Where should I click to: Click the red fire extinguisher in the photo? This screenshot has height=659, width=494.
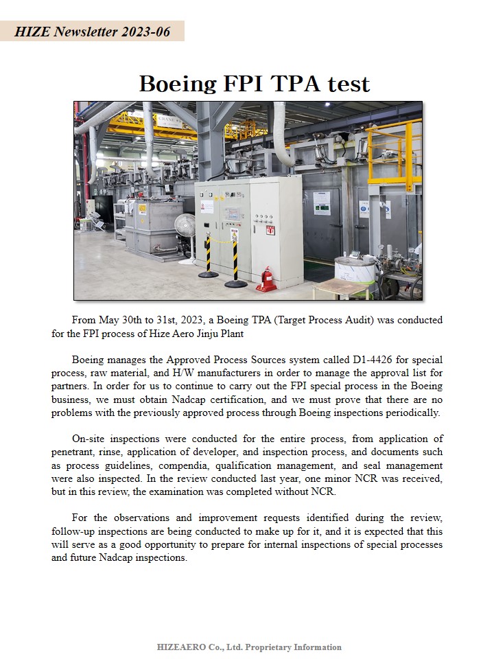pyautogui.click(x=267, y=280)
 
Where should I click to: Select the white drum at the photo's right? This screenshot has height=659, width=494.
pyautogui.click(x=355, y=269)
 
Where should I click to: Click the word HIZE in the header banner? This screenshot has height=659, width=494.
pyautogui.click(x=32, y=32)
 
